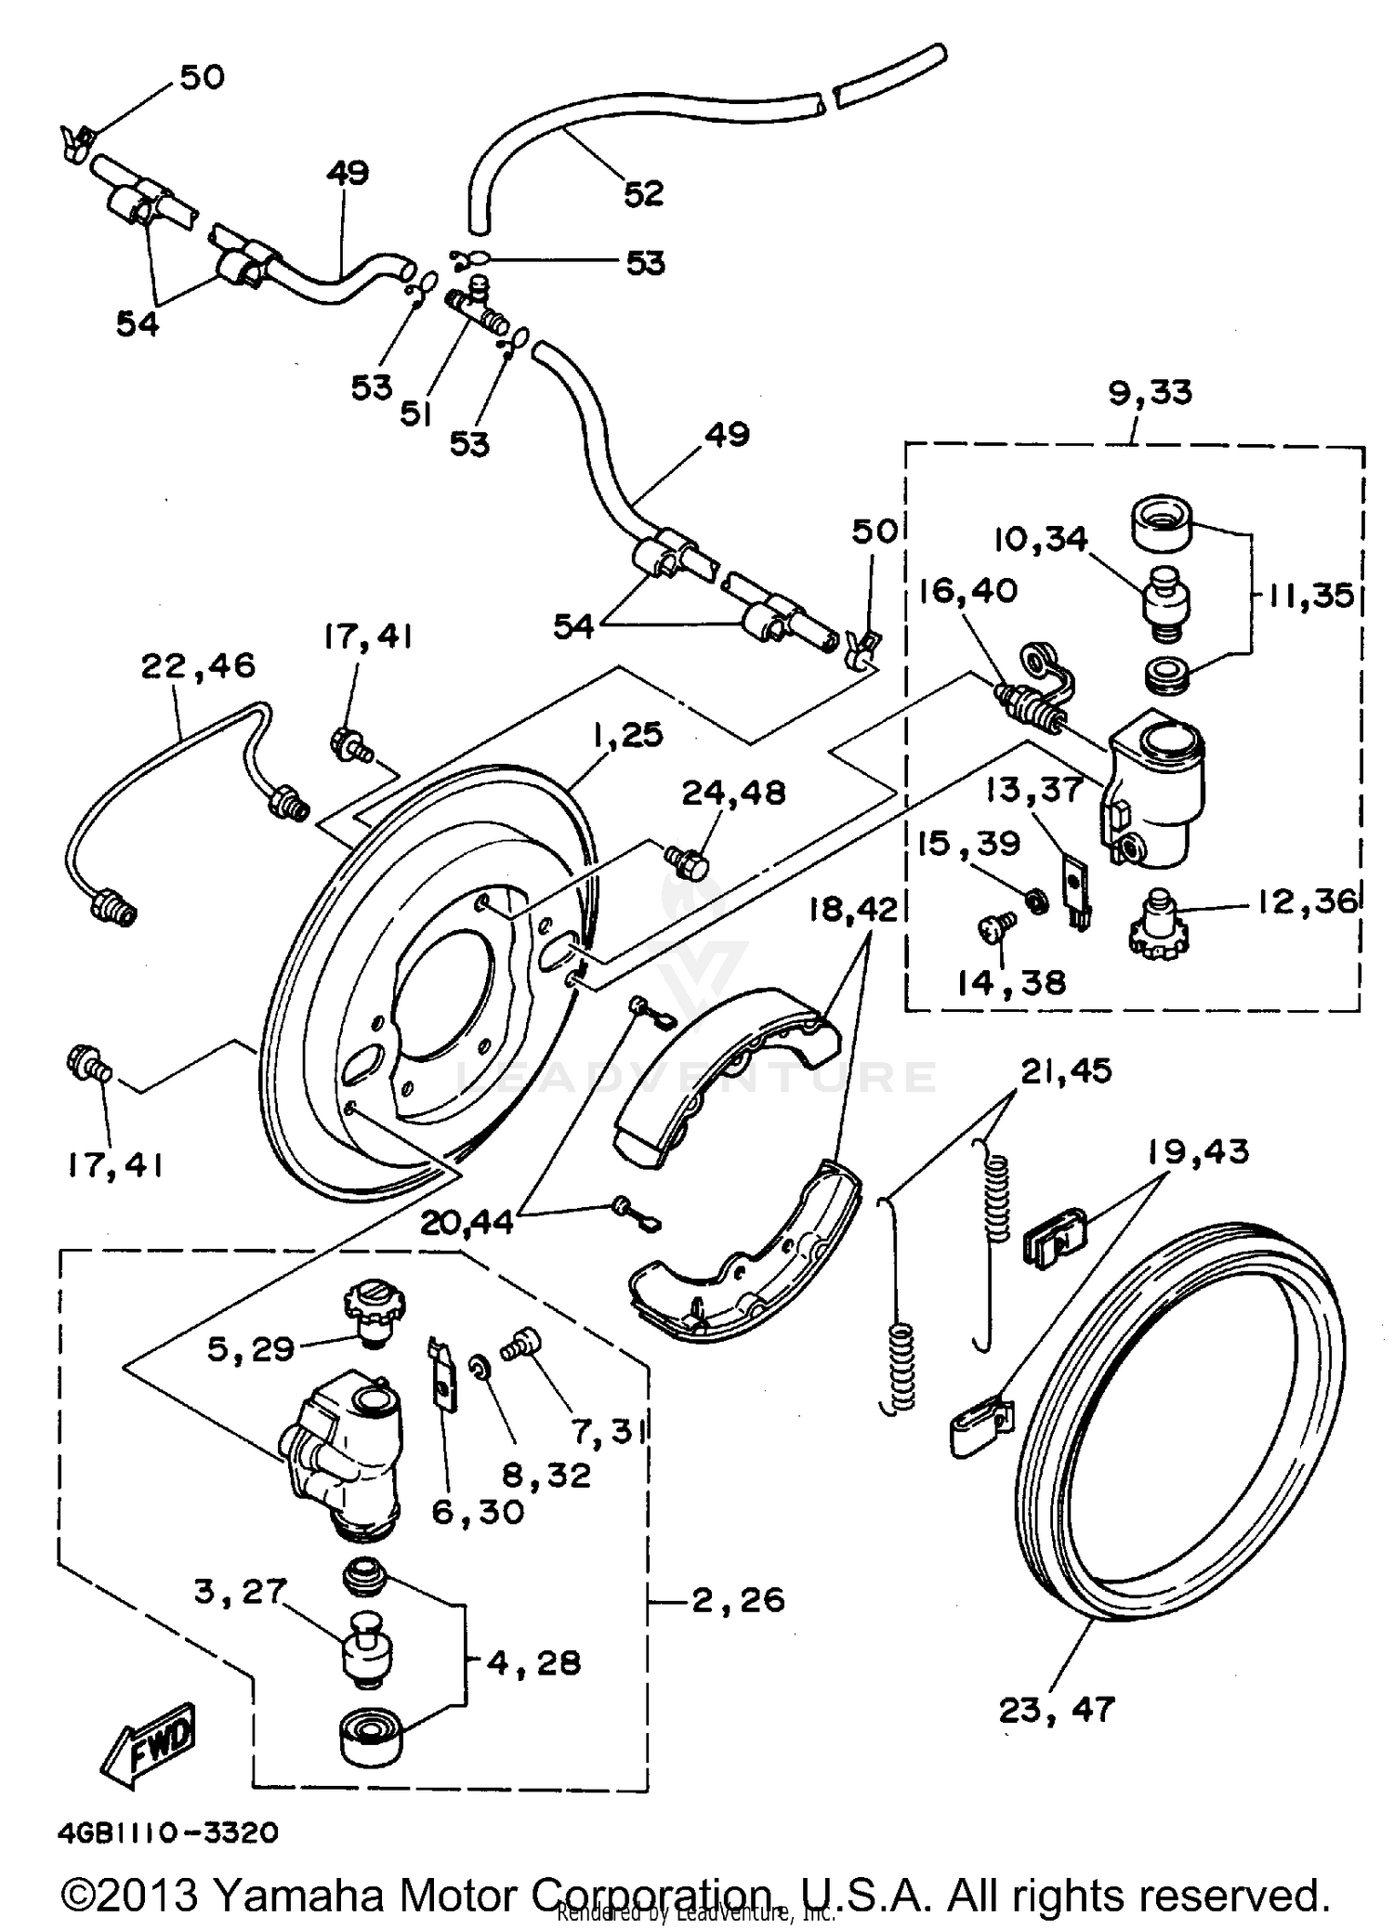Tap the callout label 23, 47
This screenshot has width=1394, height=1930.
[x=1057, y=1709]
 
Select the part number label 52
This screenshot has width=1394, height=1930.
[x=643, y=193]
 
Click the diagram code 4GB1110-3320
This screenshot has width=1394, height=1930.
[x=168, y=1832]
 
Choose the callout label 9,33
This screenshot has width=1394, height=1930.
[x=1150, y=392]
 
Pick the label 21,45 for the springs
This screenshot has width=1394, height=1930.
[x=1066, y=1070]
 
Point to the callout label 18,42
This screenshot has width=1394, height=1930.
[x=853, y=910]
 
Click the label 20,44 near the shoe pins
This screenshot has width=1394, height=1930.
[x=467, y=1222]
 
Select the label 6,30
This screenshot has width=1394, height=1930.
[x=478, y=1511]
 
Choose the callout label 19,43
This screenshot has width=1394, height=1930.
[x=1197, y=1151]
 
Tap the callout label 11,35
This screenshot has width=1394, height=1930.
[x=1310, y=595]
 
